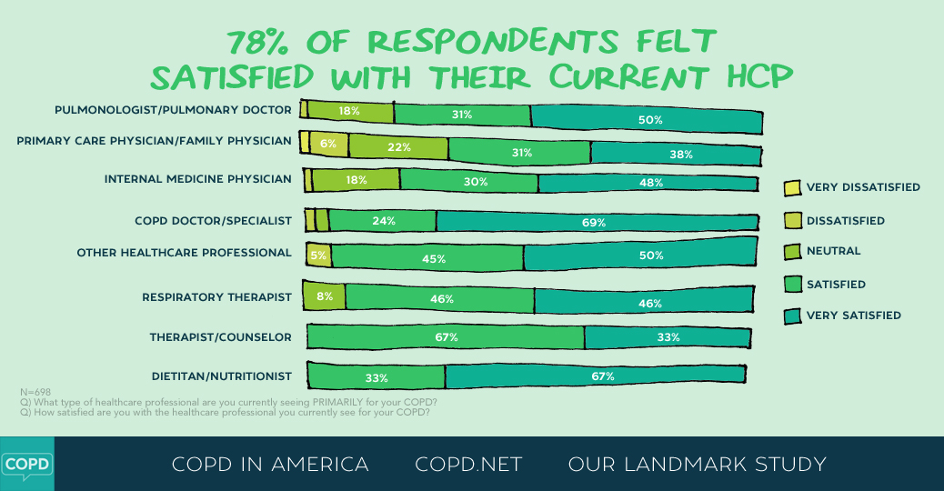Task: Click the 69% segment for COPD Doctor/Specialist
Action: click(x=597, y=222)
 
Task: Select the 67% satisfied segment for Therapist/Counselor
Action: click(x=446, y=337)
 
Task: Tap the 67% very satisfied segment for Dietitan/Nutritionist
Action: click(x=595, y=375)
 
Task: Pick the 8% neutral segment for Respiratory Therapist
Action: click(x=324, y=296)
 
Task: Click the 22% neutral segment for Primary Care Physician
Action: click(x=398, y=147)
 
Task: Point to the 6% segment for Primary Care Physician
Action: click(x=328, y=144)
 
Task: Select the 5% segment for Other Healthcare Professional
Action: click(x=318, y=256)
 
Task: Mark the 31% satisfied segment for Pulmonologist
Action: click(x=462, y=115)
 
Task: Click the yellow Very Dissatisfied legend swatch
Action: click(x=791, y=188)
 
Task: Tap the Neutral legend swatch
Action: click(x=791, y=251)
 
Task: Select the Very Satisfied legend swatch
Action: click(x=791, y=316)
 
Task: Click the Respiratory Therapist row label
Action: click(x=216, y=297)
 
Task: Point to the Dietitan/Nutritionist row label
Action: click(x=221, y=376)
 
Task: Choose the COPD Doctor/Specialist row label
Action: click(x=213, y=221)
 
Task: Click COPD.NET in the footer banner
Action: click(x=468, y=465)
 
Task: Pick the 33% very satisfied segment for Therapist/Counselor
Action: click(x=668, y=337)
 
